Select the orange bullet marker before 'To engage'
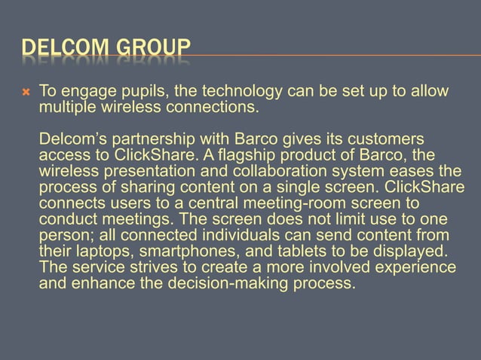[26, 93]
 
